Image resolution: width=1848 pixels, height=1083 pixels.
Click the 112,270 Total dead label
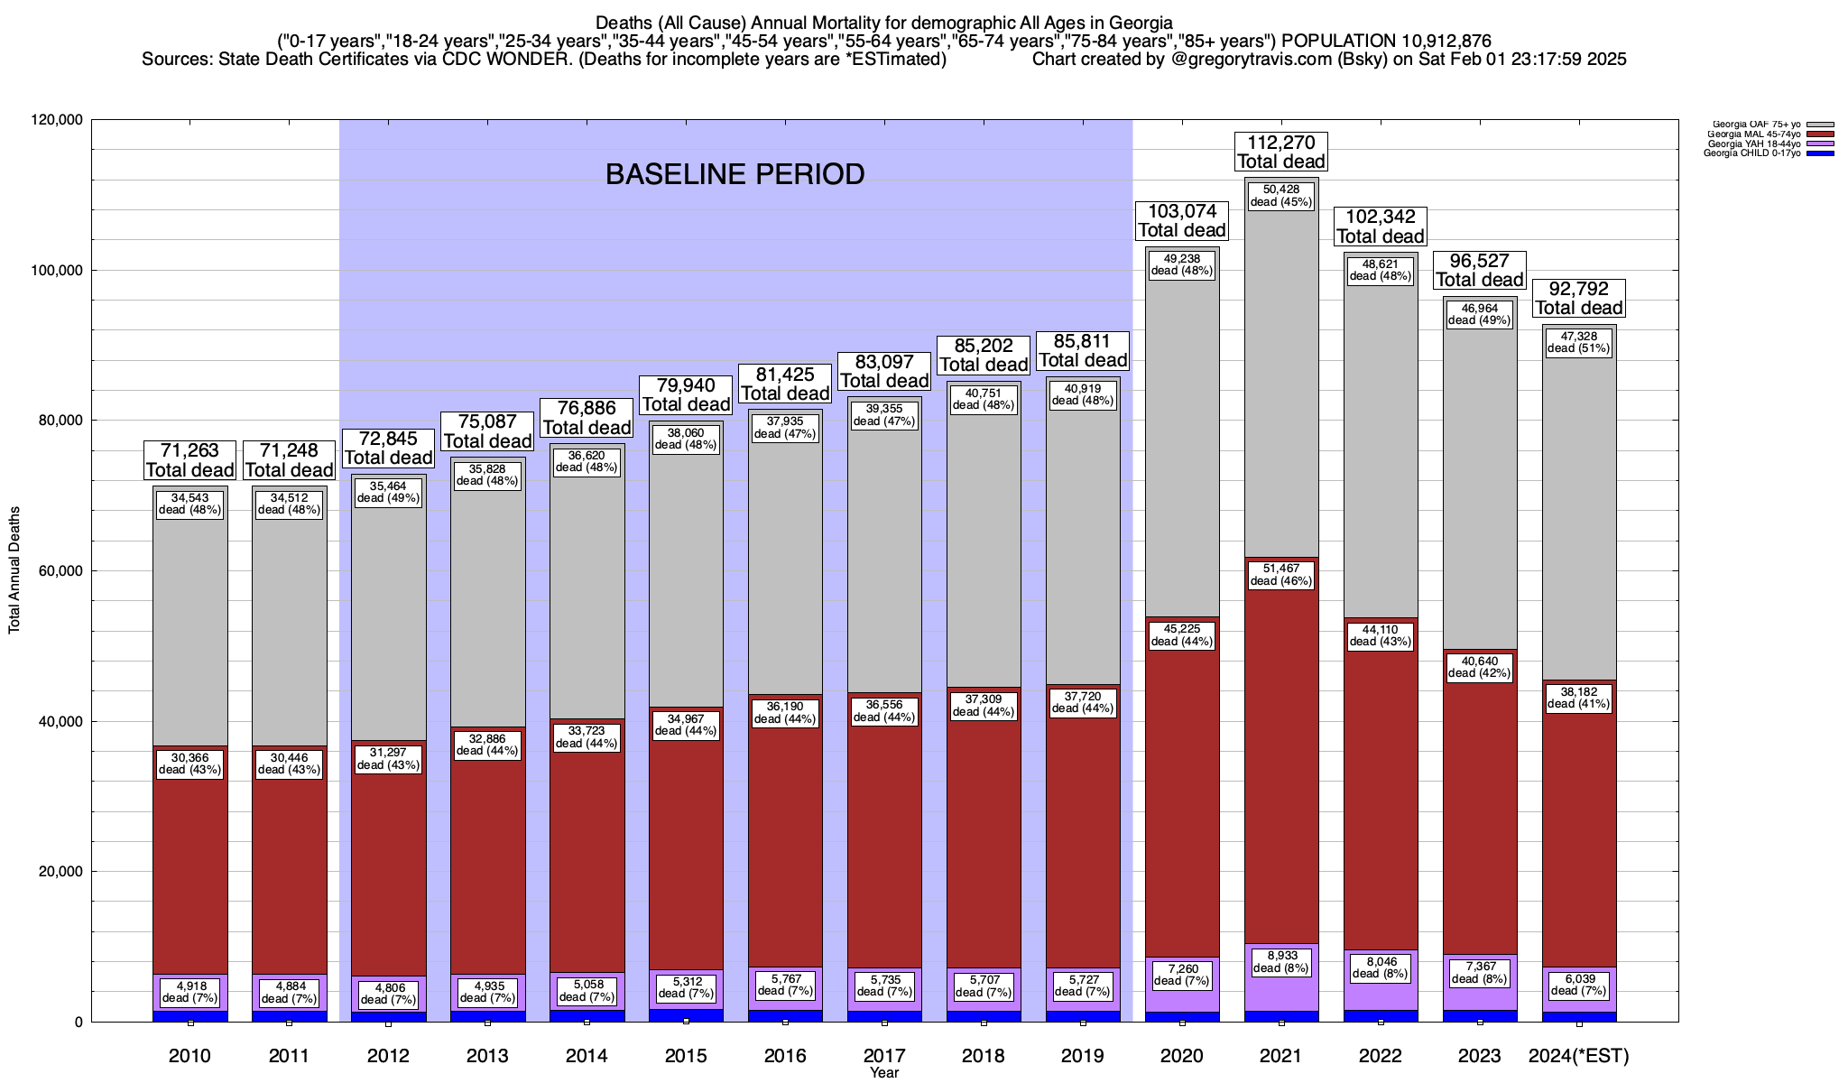coord(1280,152)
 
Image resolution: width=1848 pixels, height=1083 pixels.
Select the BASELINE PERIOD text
coord(735,174)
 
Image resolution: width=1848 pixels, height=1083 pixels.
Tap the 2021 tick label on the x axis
coord(1280,1056)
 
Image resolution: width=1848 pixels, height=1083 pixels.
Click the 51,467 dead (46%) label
coord(1280,575)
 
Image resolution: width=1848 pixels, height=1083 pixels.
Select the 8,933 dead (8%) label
coord(1280,962)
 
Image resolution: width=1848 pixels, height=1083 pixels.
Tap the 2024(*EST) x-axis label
coord(1578,1056)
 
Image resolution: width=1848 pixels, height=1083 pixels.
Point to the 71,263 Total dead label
coord(189,460)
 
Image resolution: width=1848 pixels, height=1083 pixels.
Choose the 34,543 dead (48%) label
coord(189,504)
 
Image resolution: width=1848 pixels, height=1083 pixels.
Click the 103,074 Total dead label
coord(1181,220)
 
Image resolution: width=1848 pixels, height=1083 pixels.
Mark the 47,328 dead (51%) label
coord(1578,342)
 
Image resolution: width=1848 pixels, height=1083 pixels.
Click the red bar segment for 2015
coord(686,839)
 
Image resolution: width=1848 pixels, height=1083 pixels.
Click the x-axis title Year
coord(883,1073)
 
